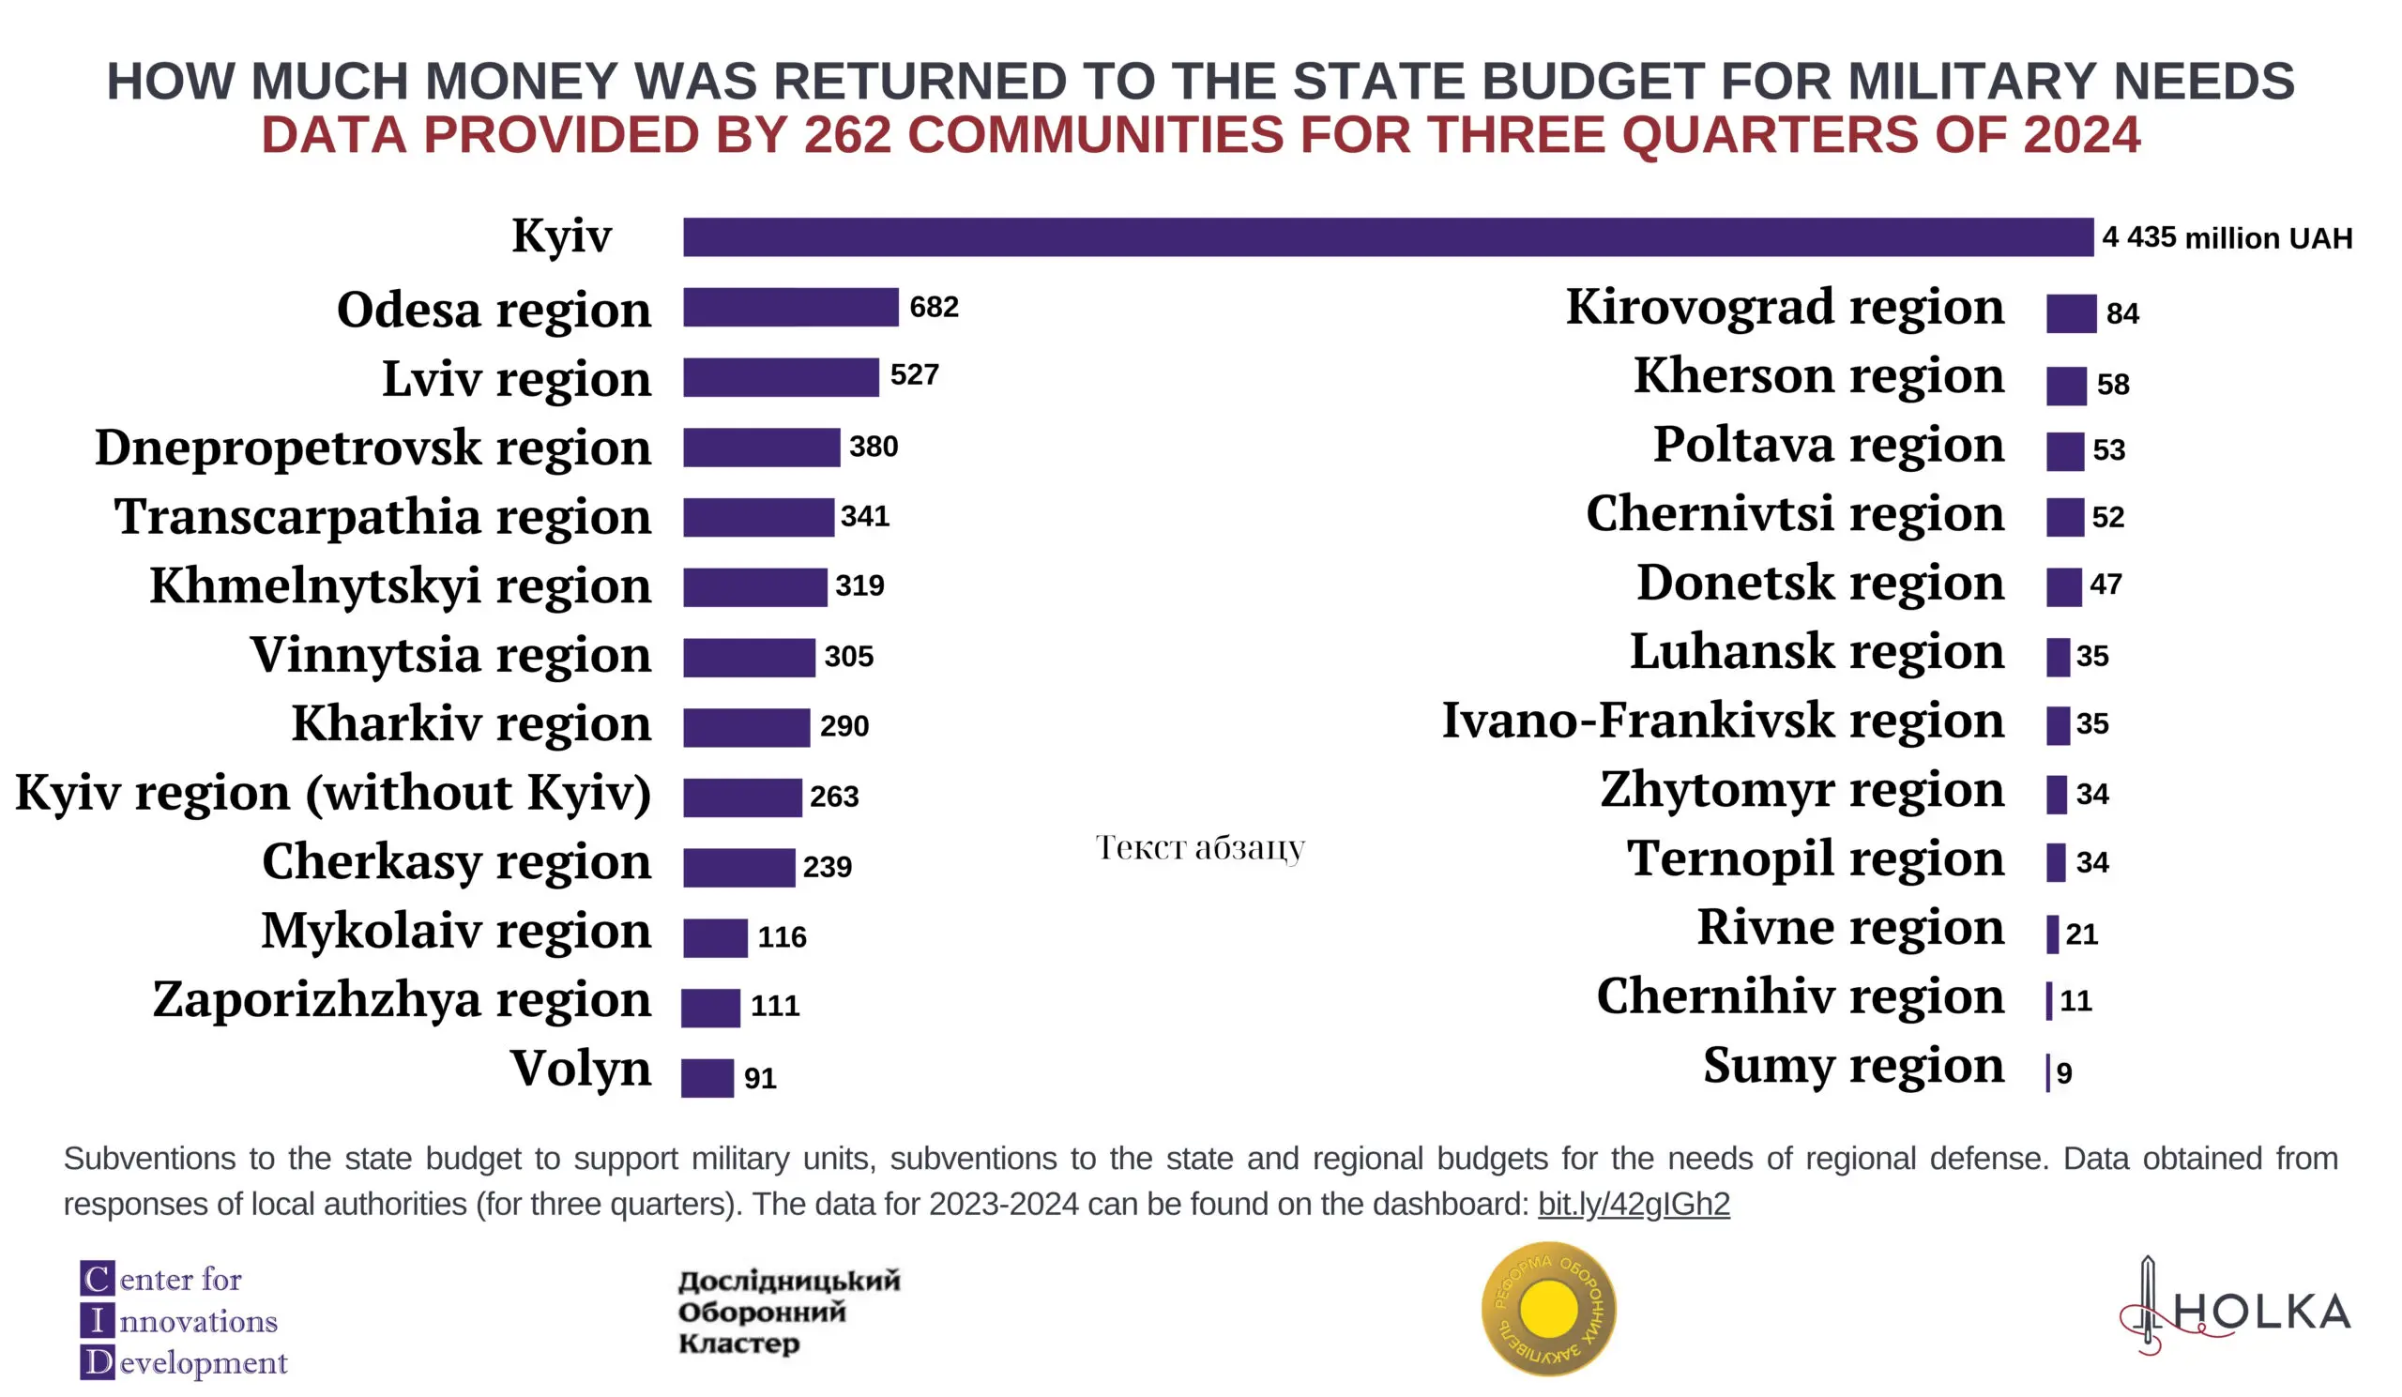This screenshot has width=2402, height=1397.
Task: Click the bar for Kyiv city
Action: [1387, 237]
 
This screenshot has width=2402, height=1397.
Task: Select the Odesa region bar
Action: [790, 307]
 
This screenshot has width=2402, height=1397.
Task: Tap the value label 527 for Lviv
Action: [914, 374]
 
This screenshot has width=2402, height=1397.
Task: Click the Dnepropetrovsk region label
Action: [372, 447]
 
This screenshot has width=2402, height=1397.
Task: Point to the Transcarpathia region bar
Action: [758, 517]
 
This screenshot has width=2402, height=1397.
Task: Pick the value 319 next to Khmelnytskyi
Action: [859, 585]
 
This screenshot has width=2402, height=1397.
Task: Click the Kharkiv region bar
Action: [746, 728]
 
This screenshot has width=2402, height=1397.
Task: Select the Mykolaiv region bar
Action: [715, 937]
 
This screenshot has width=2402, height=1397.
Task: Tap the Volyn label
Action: [580, 1069]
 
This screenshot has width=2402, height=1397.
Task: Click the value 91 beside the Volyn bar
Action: [760, 1078]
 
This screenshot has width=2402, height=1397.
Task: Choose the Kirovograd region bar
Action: [2070, 313]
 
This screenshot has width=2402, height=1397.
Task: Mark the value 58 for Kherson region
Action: [2112, 384]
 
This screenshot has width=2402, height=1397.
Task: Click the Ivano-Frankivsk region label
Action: [1723, 721]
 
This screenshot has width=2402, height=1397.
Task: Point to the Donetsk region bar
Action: [2062, 587]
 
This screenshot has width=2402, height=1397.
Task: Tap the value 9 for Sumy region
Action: [2063, 1073]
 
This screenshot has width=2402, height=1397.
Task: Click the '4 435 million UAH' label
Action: [2227, 237]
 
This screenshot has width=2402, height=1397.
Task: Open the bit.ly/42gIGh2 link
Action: [1633, 1204]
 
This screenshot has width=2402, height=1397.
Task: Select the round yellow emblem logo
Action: [1548, 1309]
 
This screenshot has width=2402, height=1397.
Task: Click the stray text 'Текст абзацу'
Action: [1199, 847]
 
